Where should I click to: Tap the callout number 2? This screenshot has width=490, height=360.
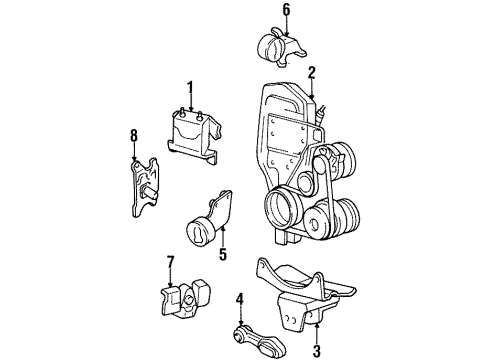pyautogui.click(x=312, y=71)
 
